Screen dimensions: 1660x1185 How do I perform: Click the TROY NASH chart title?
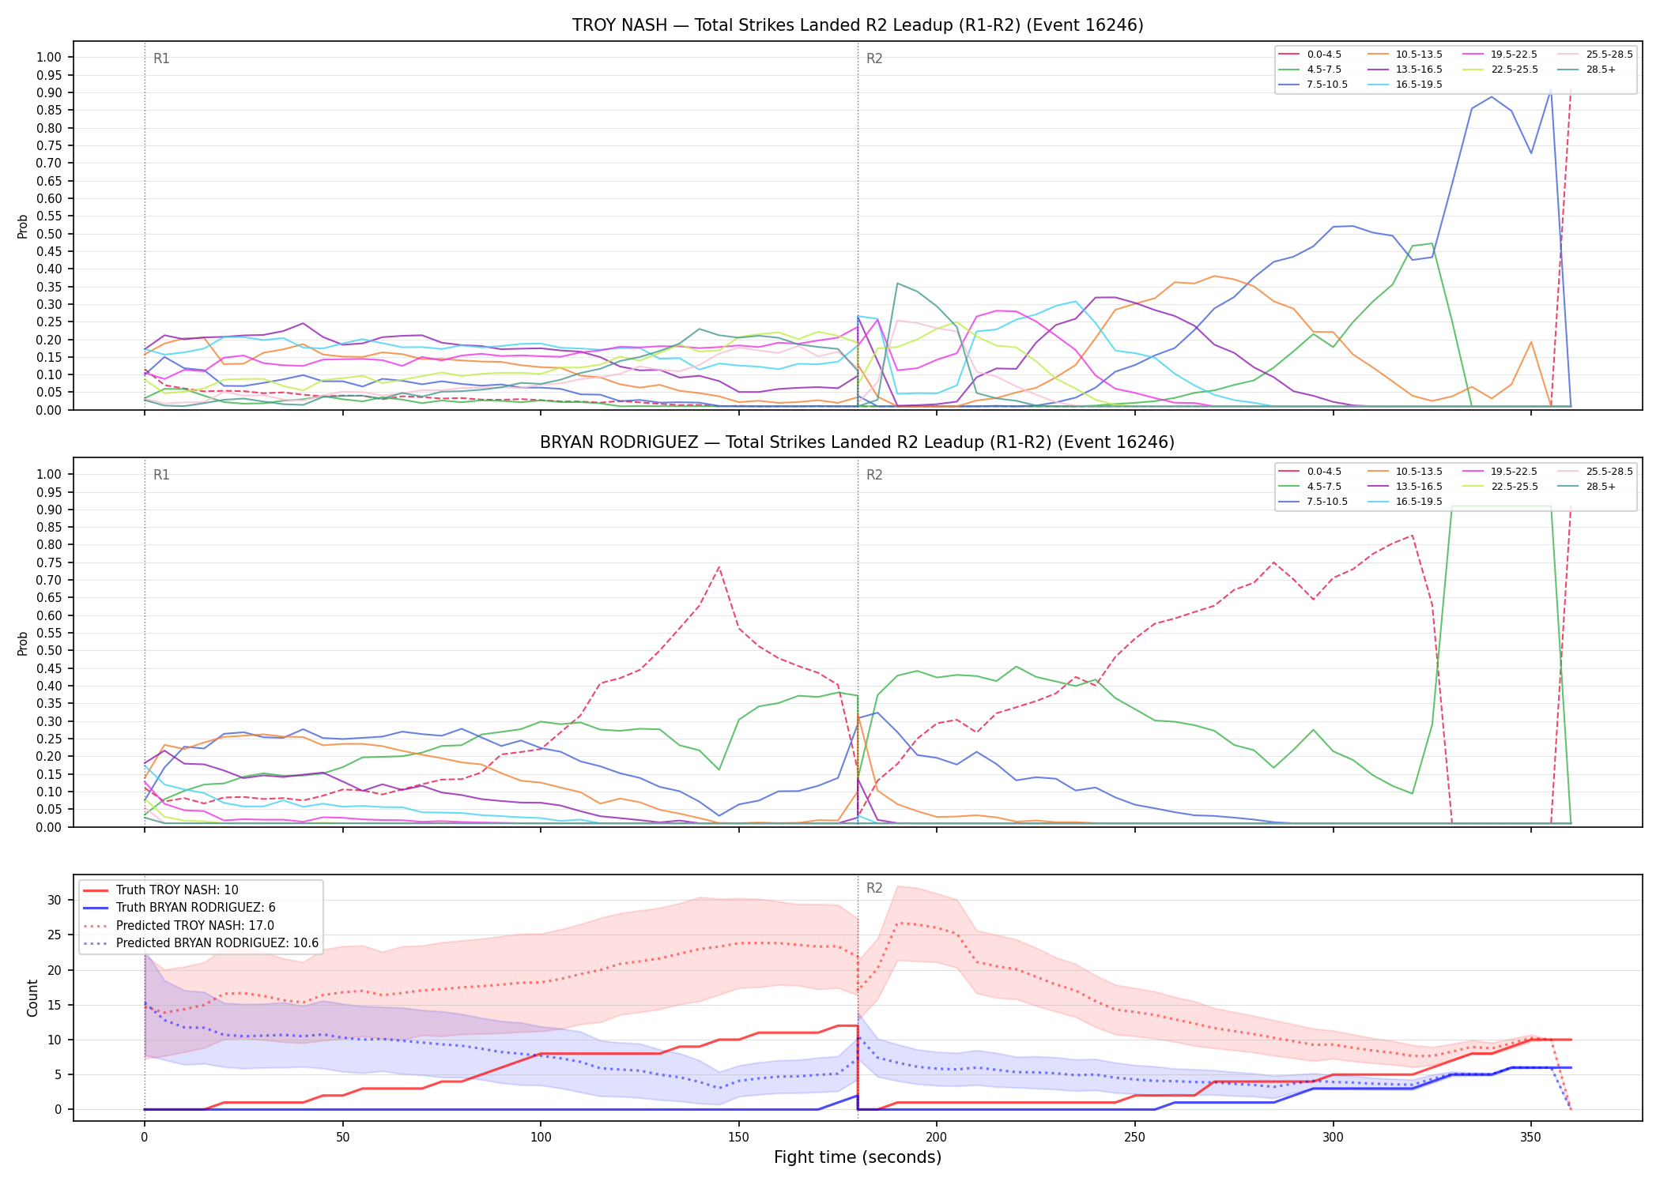(x=858, y=25)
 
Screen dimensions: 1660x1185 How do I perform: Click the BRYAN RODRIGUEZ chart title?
(x=858, y=442)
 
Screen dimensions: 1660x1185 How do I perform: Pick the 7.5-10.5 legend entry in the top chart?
(x=1313, y=85)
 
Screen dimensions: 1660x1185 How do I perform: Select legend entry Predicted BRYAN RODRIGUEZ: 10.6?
(x=201, y=943)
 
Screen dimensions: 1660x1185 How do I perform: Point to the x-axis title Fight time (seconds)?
(x=858, y=1157)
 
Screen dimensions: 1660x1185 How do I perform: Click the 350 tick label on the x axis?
(x=1531, y=1138)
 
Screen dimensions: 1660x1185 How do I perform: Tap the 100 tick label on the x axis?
(x=541, y=1138)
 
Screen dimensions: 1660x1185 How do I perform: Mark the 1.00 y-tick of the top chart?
(x=49, y=57)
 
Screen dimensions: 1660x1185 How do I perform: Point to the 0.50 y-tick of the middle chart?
(x=49, y=651)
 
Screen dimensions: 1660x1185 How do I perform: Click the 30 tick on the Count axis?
(x=55, y=900)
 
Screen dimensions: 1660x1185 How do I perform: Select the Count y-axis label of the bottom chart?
(x=32, y=998)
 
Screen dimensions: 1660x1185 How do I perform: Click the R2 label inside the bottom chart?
(x=874, y=888)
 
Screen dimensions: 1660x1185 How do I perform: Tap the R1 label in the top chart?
(x=161, y=58)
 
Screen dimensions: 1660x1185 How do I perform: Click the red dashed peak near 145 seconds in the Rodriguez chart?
(x=719, y=566)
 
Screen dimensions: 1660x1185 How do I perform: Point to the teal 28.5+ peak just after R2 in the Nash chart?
(x=897, y=283)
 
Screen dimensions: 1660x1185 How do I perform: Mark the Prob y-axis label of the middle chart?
(x=22, y=644)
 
